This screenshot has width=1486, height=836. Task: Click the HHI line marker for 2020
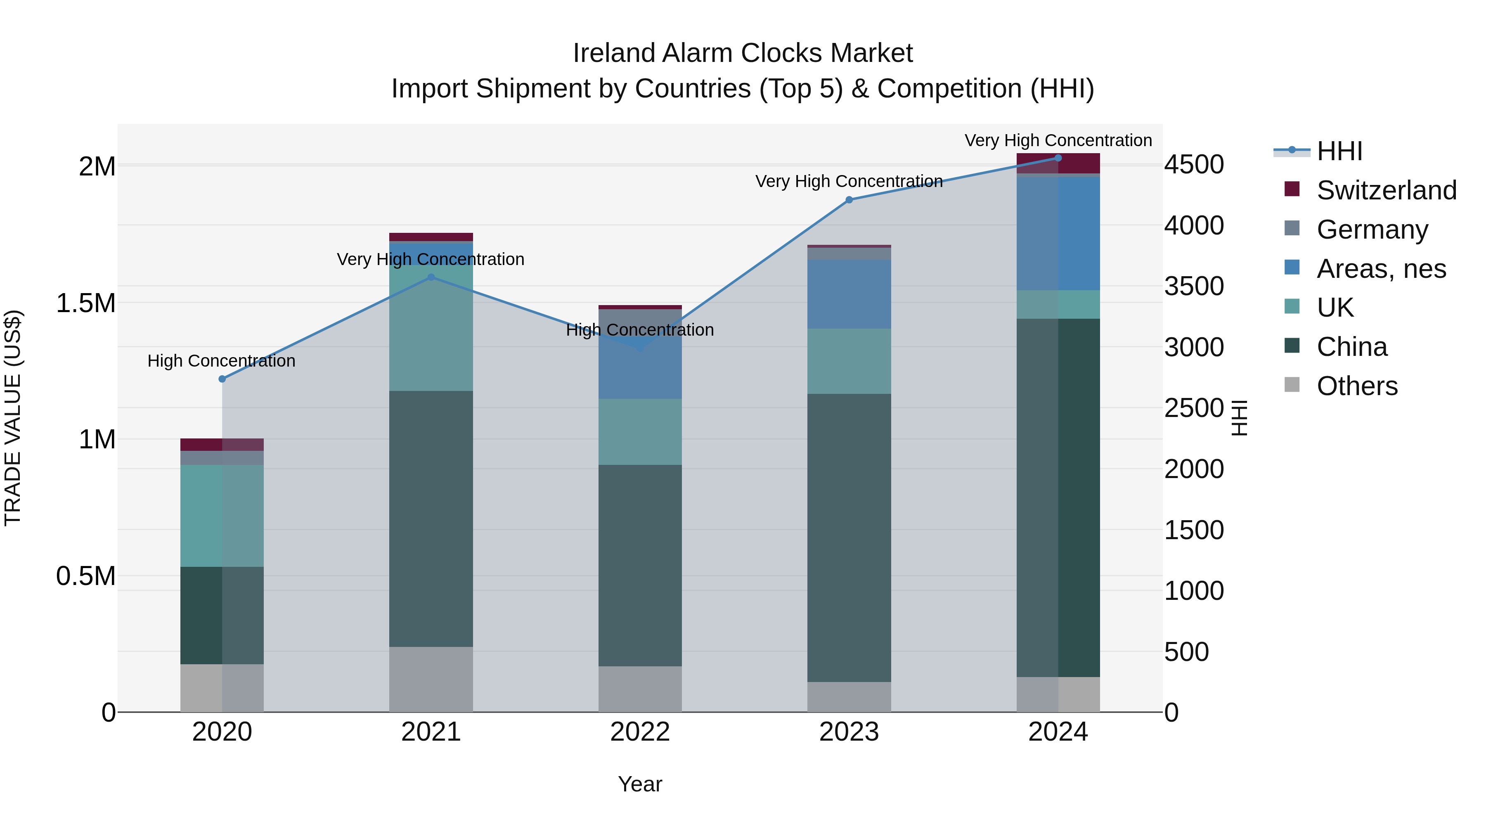coord(222,379)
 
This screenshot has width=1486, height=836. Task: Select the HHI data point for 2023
coord(849,200)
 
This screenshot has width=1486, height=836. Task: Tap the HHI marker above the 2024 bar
coord(1058,158)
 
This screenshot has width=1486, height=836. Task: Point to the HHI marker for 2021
coord(431,277)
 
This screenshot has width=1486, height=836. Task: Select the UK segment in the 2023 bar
coord(849,361)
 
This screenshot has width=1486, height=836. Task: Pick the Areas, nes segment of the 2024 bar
coord(1058,233)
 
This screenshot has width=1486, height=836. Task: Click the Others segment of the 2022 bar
coord(640,689)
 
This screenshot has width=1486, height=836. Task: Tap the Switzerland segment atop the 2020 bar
coord(222,444)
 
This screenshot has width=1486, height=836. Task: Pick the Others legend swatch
coord(1292,385)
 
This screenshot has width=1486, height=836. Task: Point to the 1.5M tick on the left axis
coord(86,303)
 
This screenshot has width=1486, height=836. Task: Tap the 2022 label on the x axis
coord(640,732)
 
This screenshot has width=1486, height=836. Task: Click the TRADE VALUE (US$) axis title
coord(13,418)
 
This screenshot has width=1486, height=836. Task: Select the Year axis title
coord(640,784)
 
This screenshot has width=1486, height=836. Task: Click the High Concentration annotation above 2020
coord(222,361)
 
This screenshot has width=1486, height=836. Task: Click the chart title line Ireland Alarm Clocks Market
coord(743,53)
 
